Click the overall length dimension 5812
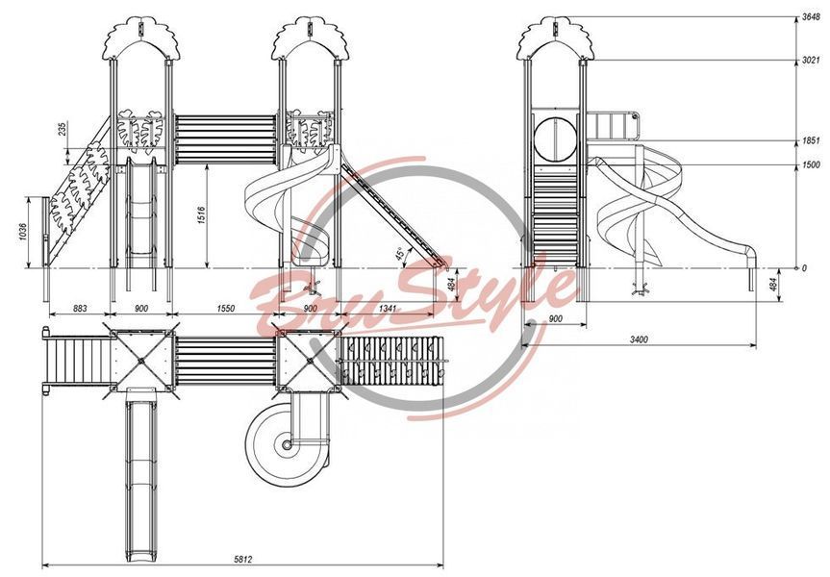[x=243, y=559]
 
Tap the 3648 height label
[x=811, y=17]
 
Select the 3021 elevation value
[x=811, y=61]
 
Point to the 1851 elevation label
[x=811, y=141]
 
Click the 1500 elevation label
[x=811, y=165]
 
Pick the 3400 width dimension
[x=639, y=339]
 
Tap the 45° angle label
[x=400, y=255]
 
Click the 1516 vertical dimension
[x=202, y=215]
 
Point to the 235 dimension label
[x=63, y=129]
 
